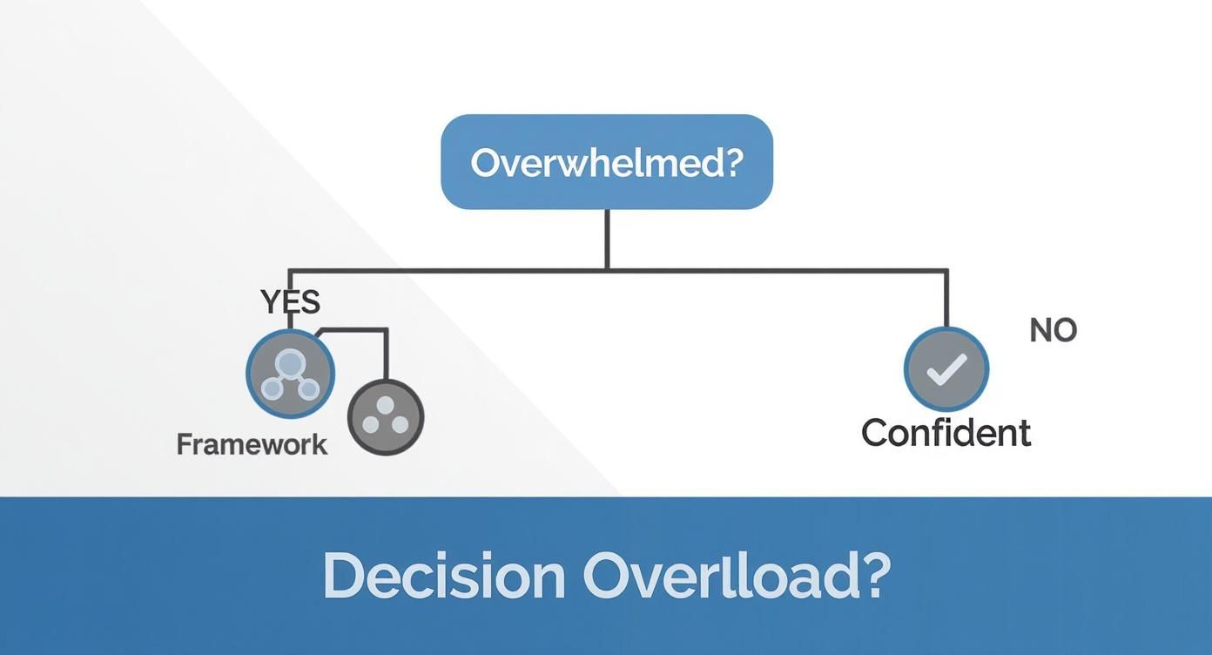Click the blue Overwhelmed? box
[607, 162]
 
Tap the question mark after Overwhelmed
[732, 163]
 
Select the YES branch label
[291, 302]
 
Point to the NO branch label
[1053, 330]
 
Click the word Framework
[252, 444]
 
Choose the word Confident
[946, 433]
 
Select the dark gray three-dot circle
[386, 418]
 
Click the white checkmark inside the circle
[946, 369]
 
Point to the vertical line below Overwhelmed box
[607, 240]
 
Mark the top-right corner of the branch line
[946, 271]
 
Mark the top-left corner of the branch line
[290, 271]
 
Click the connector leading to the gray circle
[385, 353]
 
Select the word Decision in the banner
[444, 576]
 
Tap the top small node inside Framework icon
[290, 363]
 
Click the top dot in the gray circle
[386, 406]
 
